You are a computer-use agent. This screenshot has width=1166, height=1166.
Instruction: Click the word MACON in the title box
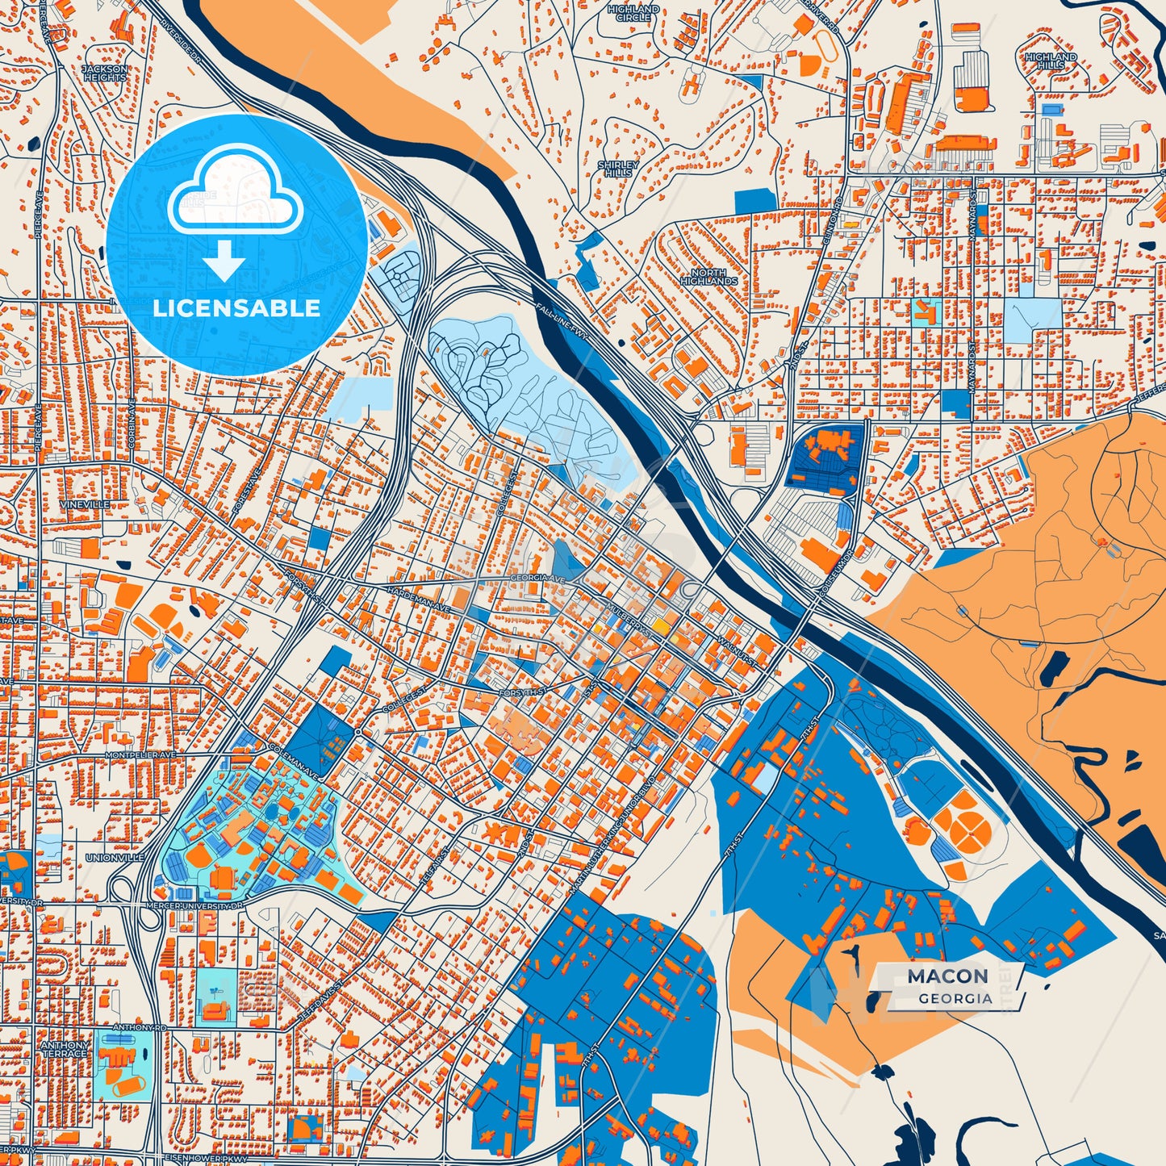coord(947,976)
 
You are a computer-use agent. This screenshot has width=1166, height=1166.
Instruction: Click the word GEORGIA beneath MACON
coord(955,998)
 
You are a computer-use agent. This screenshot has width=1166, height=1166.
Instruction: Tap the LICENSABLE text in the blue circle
coord(237,307)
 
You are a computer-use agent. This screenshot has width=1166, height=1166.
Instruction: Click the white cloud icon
coord(235,190)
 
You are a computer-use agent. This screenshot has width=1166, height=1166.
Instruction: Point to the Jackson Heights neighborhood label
coord(105,73)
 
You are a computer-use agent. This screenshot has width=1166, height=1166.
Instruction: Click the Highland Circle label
coord(633,13)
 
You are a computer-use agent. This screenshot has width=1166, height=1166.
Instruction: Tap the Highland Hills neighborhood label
coord(1051,61)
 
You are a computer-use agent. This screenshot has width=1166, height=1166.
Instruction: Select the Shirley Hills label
coord(618,169)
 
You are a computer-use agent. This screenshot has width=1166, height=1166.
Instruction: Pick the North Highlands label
coord(708,277)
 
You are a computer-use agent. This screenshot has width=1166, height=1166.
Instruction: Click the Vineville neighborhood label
coord(84,504)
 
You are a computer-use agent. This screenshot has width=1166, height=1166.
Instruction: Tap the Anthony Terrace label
coord(65,1049)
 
